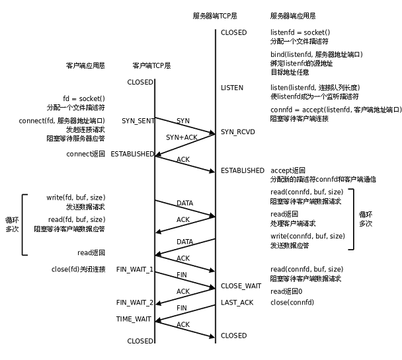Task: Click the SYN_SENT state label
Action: point(138,121)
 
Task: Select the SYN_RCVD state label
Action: point(237,132)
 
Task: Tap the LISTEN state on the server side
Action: point(231,88)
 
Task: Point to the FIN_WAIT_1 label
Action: point(135,270)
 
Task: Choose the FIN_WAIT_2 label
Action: point(135,303)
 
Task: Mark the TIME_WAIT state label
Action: point(135,318)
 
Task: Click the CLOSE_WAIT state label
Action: point(241,286)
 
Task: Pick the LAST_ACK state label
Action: point(237,303)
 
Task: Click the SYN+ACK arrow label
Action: point(181,137)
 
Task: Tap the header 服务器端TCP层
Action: point(215,15)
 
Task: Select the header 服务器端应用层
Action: point(293,15)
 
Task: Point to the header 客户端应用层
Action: point(85,65)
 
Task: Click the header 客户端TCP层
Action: point(151,65)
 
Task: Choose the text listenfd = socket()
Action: point(300,32)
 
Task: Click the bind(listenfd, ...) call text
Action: point(317,54)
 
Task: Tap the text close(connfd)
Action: point(292,303)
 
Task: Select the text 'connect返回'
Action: point(85,154)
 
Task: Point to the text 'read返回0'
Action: point(286,291)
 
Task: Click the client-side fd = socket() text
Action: point(84,98)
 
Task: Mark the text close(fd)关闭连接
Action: point(78,270)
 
